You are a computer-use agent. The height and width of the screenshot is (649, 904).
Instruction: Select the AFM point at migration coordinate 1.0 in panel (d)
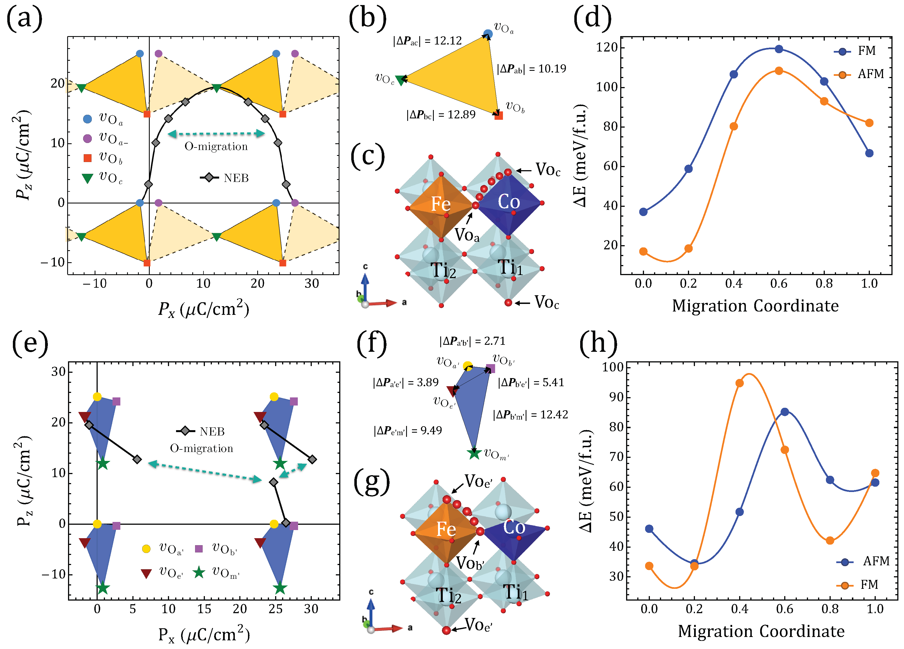click(869, 123)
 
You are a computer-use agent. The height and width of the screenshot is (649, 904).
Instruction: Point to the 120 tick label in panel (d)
click(607, 48)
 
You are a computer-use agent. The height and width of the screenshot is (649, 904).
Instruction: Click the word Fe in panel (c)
click(441, 204)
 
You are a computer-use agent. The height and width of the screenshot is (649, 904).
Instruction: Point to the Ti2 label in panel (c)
click(443, 271)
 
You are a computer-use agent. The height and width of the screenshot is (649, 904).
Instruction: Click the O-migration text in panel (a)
click(216, 146)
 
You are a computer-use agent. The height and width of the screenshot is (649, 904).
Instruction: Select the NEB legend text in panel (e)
click(212, 431)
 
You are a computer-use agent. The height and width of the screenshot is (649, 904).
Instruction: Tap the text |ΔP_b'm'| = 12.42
click(530, 414)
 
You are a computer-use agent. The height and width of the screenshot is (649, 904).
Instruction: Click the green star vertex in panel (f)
click(474, 453)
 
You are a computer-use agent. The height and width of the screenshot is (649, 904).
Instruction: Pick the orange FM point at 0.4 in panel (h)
click(739, 383)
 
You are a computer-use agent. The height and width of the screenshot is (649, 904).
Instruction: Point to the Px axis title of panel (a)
click(203, 309)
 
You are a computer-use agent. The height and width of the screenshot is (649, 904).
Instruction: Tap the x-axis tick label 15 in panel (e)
click(204, 608)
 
